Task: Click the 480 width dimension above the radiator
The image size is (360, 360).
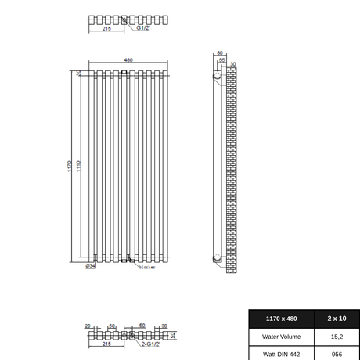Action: click(128, 60)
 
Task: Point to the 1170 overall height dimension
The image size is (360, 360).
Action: click(70, 166)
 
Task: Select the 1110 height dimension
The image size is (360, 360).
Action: click(78, 166)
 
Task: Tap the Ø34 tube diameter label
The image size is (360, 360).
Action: click(91, 266)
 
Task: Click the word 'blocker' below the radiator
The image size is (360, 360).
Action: click(147, 268)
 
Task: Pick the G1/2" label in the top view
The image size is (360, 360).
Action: click(142, 28)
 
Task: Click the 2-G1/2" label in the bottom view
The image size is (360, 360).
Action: click(150, 344)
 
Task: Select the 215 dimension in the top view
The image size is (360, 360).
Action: click(106, 28)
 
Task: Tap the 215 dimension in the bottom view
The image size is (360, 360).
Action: click(106, 344)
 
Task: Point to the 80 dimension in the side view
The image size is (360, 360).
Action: click(220, 54)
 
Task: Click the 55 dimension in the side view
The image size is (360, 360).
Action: click(222, 60)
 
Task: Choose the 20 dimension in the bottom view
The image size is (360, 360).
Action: click(88, 326)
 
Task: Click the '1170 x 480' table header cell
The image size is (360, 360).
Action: click(281, 319)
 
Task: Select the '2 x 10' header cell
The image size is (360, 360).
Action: click(337, 319)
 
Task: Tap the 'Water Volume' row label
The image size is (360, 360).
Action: click(281, 337)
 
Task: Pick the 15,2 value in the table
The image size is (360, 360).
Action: click(337, 337)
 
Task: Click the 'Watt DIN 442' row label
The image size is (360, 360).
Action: click(281, 354)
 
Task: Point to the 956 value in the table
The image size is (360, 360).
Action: click(337, 354)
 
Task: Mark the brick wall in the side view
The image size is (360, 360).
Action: click(232, 168)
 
